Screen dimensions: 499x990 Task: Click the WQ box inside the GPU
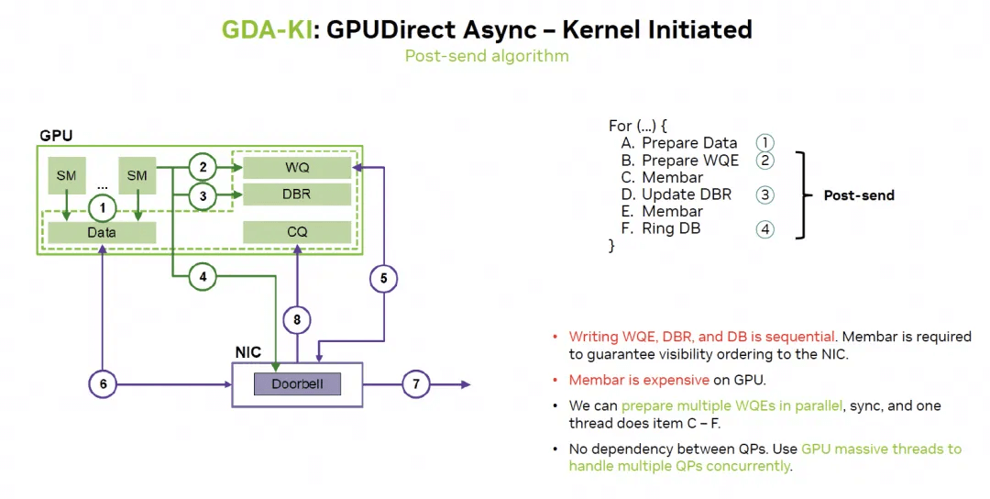pos(297,168)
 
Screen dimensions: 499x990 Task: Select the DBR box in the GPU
pos(297,194)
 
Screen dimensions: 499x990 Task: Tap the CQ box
pos(297,232)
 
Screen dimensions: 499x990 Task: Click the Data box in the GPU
pos(102,232)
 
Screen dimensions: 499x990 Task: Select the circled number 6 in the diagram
pos(103,383)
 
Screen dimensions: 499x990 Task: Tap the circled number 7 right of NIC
pos(416,383)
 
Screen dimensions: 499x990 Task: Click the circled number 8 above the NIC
pos(296,320)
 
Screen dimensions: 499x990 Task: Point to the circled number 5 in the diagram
pos(383,277)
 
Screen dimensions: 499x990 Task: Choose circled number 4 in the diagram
pos(203,275)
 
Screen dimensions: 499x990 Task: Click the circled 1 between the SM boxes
pos(103,208)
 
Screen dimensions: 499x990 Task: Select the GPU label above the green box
pos(56,136)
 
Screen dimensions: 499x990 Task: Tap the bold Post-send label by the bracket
pos(858,195)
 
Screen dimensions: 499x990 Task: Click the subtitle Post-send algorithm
pos(487,56)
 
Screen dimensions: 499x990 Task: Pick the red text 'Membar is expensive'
pos(638,380)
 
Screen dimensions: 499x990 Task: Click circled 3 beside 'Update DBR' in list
pos(764,194)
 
